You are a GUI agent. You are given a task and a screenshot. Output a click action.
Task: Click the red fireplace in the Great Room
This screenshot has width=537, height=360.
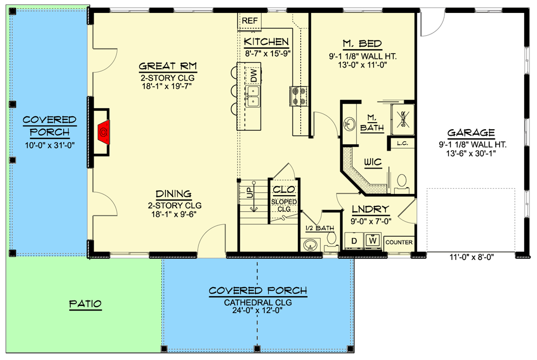[104, 132]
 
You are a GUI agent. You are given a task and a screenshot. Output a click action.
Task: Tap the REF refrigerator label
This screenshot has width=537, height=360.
[250, 21]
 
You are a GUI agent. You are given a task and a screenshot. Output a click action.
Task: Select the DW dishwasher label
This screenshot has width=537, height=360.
[254, 76]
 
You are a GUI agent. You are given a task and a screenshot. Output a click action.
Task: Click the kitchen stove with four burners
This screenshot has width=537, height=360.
[299, 96]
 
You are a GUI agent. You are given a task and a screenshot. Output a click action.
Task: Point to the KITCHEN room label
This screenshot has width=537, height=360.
[267, 42]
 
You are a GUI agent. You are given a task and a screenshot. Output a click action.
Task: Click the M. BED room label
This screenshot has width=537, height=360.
[362, 44]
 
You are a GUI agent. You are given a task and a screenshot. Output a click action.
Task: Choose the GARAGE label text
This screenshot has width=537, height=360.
[471, 133]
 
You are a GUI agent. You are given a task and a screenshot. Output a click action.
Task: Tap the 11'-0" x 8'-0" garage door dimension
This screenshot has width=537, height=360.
[472, 257]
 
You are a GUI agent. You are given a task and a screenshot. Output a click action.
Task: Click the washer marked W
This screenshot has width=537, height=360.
[373, 241]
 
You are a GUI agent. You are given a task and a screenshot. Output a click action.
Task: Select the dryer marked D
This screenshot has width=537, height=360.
[354, 241]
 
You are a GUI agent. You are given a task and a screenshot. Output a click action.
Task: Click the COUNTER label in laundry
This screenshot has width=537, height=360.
[399, 242]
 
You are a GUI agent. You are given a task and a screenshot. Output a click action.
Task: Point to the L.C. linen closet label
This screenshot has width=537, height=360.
[402, 143]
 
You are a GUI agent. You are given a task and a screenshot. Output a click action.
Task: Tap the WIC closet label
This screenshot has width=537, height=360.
[373, 162]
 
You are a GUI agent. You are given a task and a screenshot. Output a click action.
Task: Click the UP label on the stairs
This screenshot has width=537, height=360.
[250, 192]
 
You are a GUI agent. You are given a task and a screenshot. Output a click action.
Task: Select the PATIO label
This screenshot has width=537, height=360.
[85, 304]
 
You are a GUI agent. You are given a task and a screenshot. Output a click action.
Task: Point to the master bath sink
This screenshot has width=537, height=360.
[350, 124]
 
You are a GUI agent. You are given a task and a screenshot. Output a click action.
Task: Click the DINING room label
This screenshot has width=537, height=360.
[174, 194]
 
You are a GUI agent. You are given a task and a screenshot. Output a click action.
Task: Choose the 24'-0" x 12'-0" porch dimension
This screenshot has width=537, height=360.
[258, 310]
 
